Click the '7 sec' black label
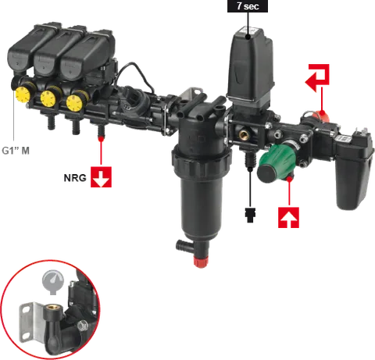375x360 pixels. point(248,6)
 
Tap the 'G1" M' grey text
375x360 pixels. point(16,151)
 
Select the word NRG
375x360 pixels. point(75,178)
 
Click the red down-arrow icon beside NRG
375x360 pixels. point(101,177)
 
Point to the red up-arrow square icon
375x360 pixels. point(288,218)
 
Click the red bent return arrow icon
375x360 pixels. point(318,77)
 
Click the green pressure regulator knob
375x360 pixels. point(276,163)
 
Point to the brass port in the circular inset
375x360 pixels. point(53,310)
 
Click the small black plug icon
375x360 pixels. point(251,215)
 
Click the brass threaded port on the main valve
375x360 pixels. point(245,134)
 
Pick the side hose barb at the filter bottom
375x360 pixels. point(184,245)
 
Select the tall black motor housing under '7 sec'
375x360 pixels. point(250,66)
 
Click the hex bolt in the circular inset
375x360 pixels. point(83,326)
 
